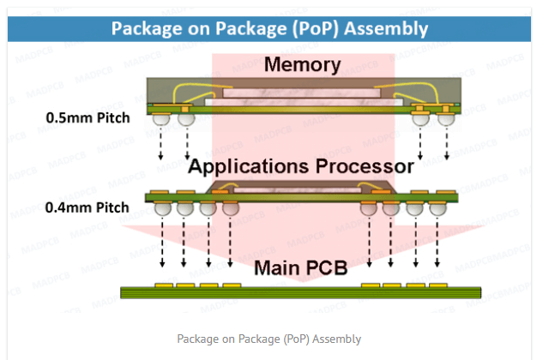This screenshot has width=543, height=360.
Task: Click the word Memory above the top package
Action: (x=302, y=65)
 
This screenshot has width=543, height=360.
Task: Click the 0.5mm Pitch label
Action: (x=89, y=117)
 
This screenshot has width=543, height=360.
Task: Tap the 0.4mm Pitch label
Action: (x=89, y=207)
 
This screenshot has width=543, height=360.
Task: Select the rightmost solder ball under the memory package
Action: (x=444, y=122)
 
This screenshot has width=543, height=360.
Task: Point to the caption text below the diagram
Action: (x=268, y=339)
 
